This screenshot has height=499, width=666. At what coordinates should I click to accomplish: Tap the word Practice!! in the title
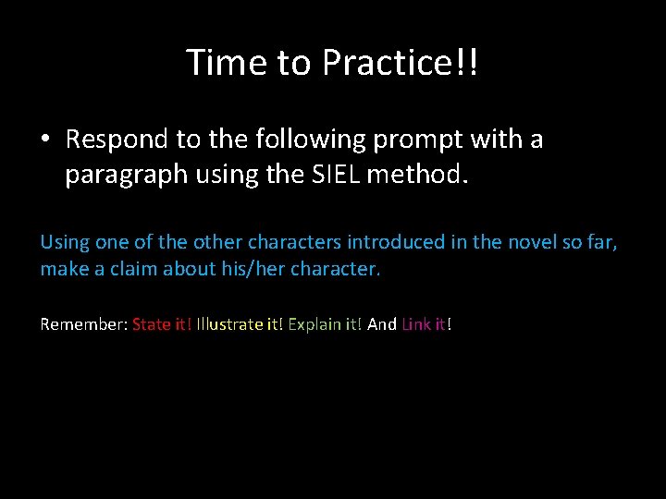click(401, 63)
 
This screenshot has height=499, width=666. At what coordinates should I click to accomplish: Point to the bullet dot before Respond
click(45, 140)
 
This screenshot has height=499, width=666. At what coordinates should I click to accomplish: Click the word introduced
click(388, 242)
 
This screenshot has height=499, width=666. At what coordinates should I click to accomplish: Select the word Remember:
click(84, 324)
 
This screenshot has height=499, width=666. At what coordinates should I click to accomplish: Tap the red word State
click(152, 324)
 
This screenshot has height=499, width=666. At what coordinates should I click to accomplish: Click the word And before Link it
click(382, 324)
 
